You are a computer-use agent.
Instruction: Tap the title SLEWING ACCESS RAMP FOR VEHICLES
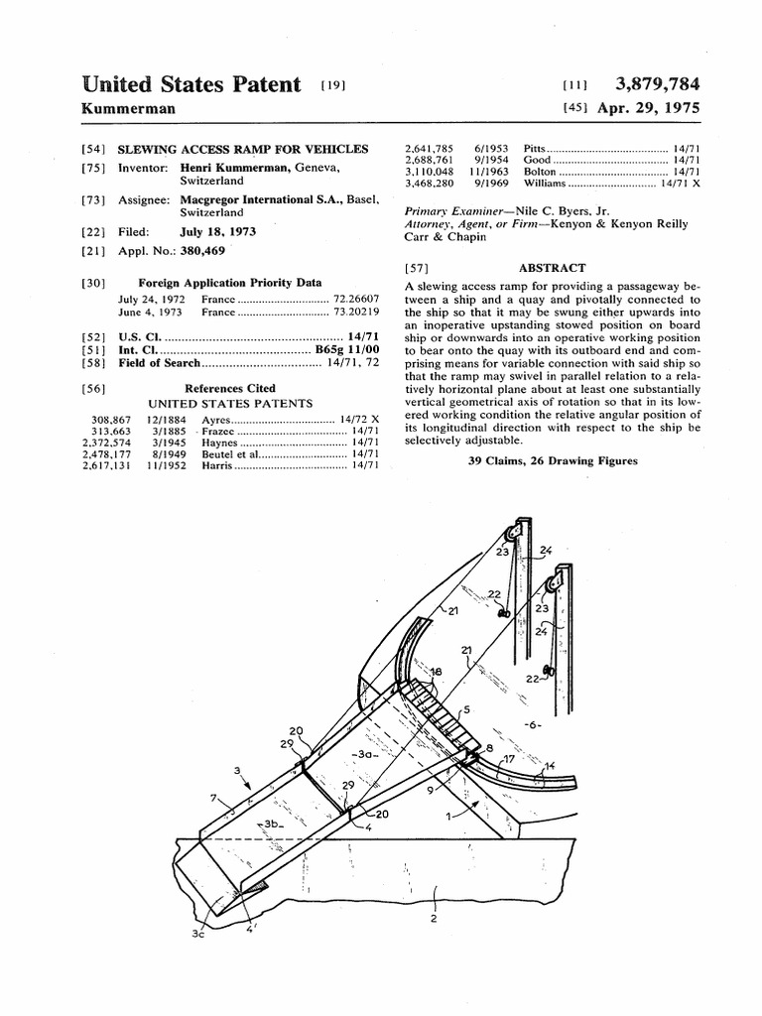point(242,149)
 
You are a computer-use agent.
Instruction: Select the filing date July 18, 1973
point(218,231)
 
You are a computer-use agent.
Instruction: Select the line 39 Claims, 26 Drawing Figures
point(552,461)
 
